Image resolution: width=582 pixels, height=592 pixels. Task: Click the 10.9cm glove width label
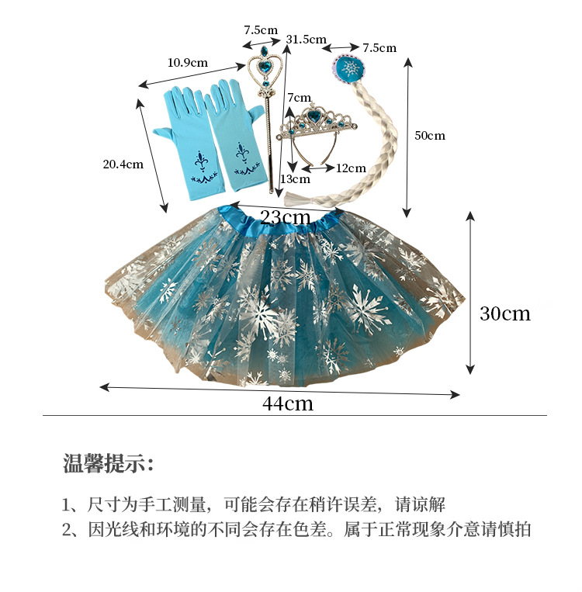(x=188, y=62)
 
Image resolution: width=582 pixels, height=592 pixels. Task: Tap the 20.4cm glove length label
(x=123, y=164)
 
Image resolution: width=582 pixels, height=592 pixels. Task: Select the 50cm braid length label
(x=430, y=135)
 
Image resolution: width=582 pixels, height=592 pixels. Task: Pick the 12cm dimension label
(x=351, y=168)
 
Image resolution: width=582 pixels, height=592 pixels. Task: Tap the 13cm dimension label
(x=295, y=179)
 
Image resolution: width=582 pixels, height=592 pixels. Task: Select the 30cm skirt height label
(x=505, y=313)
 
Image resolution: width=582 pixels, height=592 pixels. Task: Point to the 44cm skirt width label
(x=288, y=403)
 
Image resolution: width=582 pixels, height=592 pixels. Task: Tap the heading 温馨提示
(x=109, y=465)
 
